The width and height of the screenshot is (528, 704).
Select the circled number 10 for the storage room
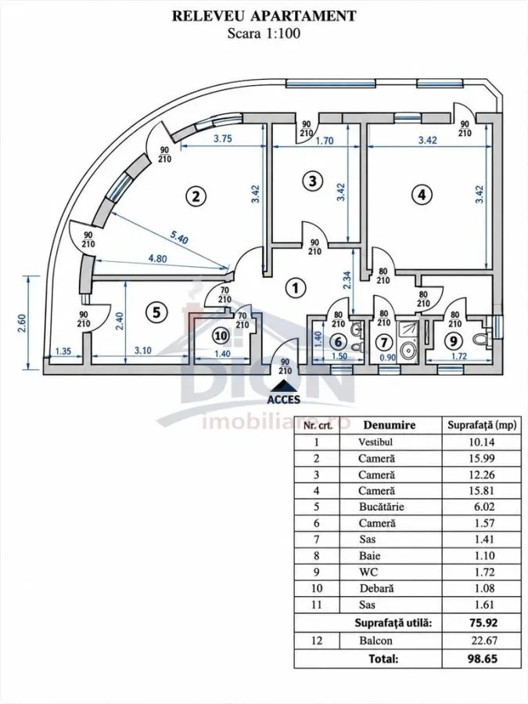tap(221, 336)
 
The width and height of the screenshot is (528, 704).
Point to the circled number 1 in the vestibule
tap(295, 288)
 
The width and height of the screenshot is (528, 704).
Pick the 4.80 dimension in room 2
tap(158, 258)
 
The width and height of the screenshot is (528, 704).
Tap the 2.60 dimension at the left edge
tap(22, 323)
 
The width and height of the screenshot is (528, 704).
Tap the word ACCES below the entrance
tap(283, 399)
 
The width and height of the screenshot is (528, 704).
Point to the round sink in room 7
tap(408, 348)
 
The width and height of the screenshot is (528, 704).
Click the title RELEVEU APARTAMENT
tap(264, 16)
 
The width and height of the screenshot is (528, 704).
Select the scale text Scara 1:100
tap(264, 33)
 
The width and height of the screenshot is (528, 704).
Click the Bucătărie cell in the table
tap(382, 507)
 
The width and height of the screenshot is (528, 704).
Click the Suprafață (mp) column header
tap(482, 425)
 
